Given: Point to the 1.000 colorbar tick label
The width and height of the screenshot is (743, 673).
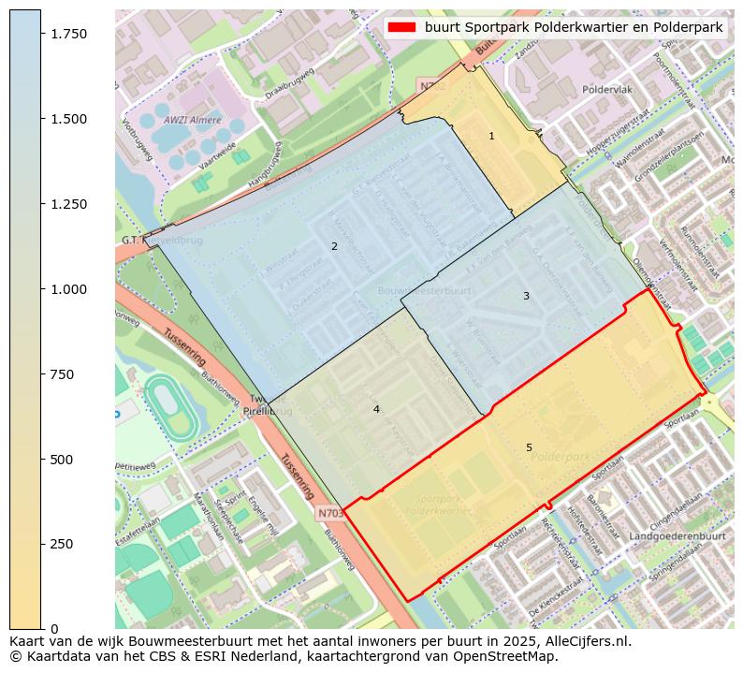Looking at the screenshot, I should pos(68,289).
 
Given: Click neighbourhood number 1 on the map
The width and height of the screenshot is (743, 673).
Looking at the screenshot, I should pos(491,137).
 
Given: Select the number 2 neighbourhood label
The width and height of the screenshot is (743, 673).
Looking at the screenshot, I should pos(334,246).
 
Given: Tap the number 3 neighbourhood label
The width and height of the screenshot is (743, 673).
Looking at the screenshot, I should pos(526,296).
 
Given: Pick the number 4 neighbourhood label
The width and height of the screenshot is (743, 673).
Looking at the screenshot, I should pos(376,409).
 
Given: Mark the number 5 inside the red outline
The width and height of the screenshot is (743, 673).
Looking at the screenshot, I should pos(529,447).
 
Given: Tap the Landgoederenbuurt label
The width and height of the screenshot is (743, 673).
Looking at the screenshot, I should pos(677,536).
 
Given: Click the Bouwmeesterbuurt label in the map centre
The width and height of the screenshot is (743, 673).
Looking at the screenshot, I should pos(424,291).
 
